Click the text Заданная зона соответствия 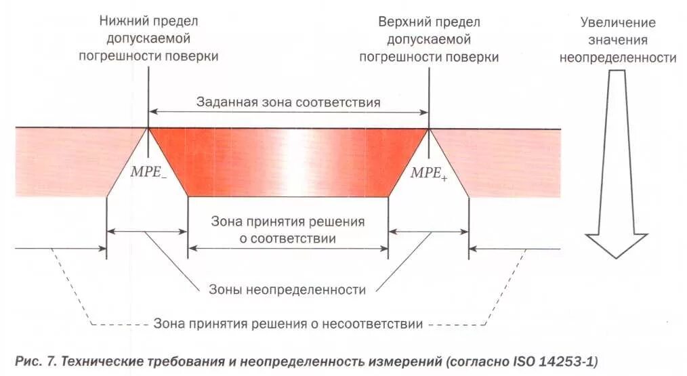288,102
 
